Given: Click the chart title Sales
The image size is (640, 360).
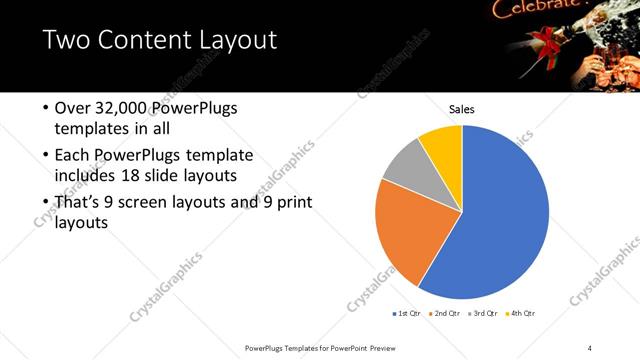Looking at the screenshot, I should click(461, 109).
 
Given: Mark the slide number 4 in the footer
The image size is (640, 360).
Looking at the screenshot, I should click(591, 347).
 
